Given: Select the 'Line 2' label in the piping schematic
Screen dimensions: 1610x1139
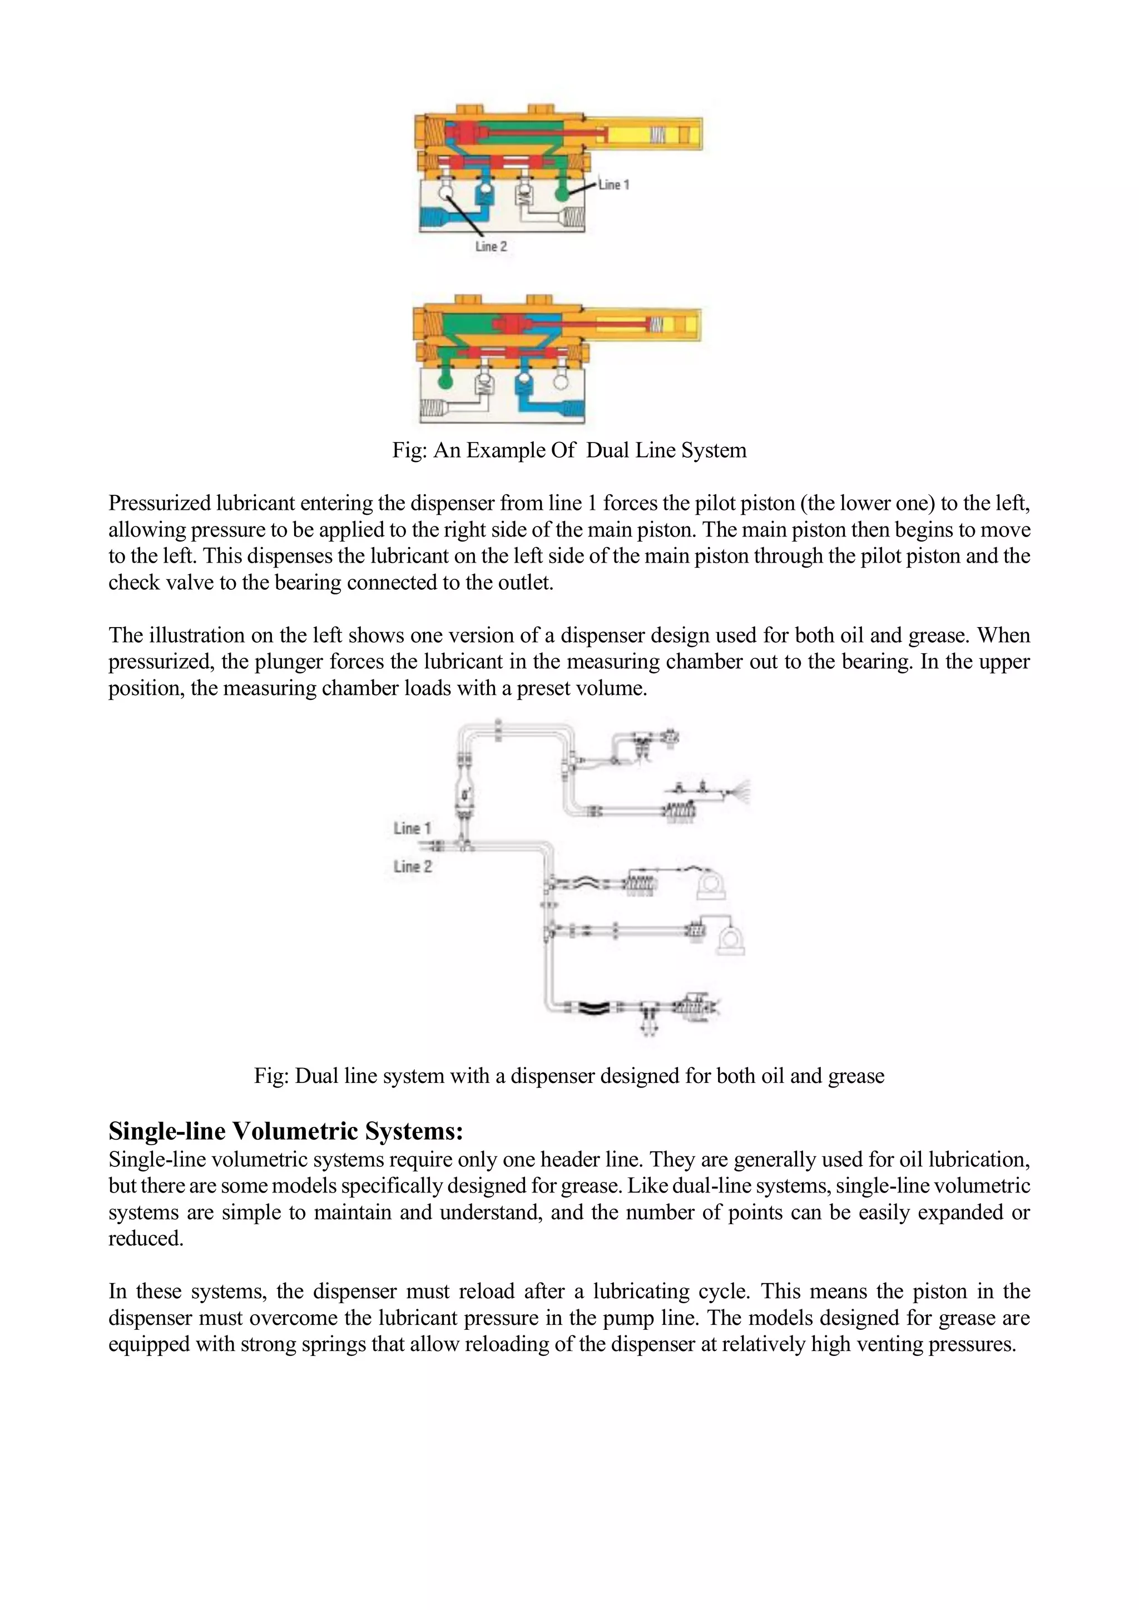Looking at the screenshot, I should (x=413, y=866).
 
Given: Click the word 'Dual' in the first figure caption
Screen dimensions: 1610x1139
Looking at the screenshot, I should (x=607, y=450).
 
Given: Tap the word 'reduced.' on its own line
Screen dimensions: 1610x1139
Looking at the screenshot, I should (x=145, y=1238).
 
